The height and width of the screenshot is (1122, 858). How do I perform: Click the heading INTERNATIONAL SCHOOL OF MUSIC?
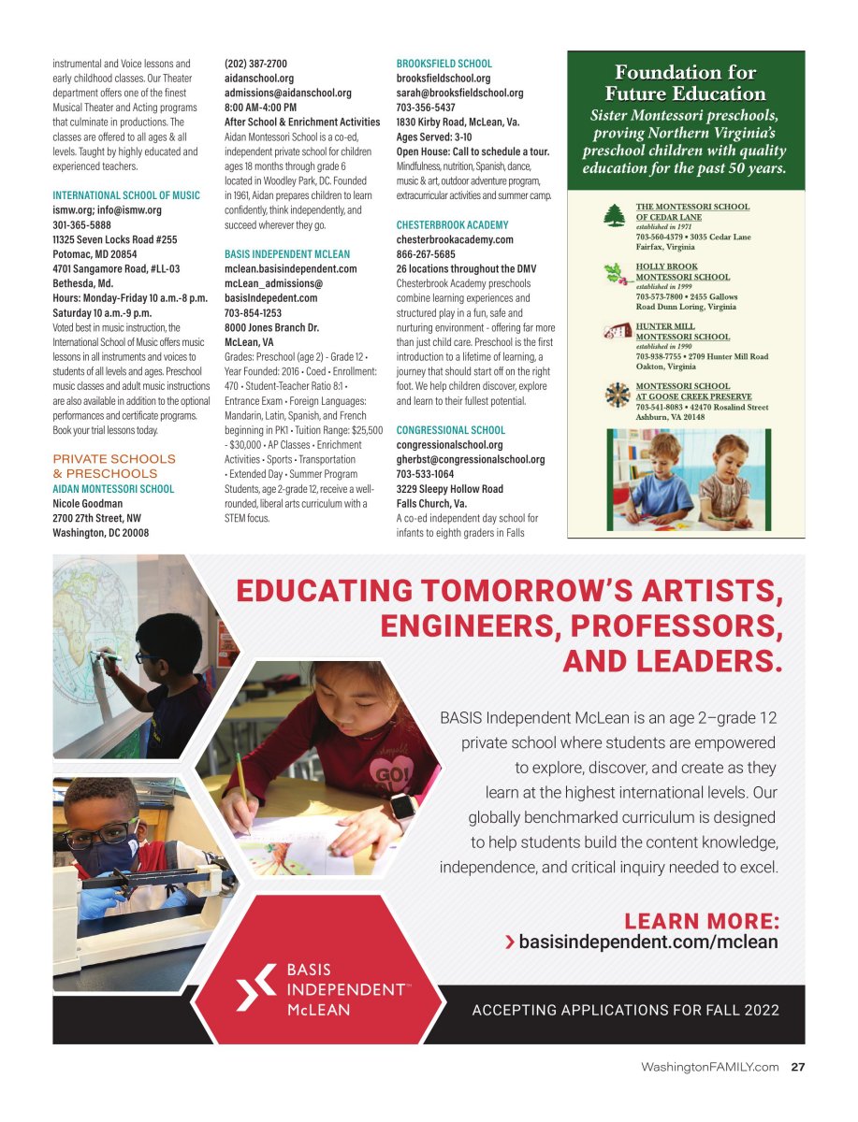coord(126,195)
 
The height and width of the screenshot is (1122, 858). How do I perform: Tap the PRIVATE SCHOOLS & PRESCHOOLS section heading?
coord(114,467)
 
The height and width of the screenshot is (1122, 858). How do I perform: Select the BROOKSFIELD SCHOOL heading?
coord(444,65)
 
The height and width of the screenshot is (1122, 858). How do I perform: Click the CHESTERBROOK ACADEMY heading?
coord(453,225)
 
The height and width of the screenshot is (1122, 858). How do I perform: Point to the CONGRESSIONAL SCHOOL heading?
coord(451,431)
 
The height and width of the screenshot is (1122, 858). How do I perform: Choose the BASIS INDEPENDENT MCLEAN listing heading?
coord(287,254)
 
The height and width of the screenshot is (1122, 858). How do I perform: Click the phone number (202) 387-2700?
coord(256,65)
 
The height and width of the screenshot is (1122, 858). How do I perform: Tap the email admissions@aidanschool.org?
coord(288,93)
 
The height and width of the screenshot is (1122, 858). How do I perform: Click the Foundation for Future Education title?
coord(686,83)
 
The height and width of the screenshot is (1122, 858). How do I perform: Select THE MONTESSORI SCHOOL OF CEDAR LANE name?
coord(692,211)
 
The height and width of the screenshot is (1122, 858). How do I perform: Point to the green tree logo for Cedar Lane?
coord(615,215)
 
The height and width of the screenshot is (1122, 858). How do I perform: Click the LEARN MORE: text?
coord(701,921)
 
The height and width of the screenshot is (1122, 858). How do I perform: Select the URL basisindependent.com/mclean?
coord(647,942)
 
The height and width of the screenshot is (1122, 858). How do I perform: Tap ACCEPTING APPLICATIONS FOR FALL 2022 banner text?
coord(625,1010)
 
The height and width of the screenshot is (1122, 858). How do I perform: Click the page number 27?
coord(798,1068)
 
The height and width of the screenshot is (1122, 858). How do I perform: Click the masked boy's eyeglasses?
coord(117,829)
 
